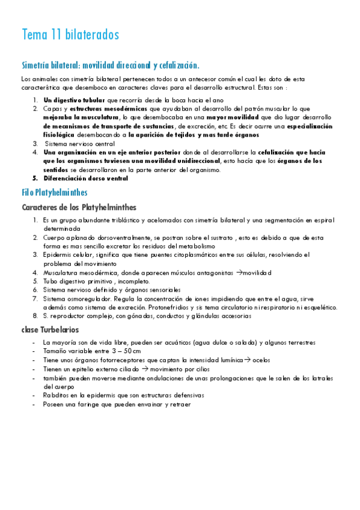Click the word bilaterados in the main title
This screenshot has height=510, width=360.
pyautogui.click(x=93, y=34)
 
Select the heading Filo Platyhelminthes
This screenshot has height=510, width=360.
pyautogui.click(x=54, y=192)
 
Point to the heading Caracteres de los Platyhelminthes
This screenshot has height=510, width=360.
pyautogui.click(x=79, y=207)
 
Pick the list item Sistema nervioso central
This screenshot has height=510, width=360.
pyautogui.click(x=79, y=144)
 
